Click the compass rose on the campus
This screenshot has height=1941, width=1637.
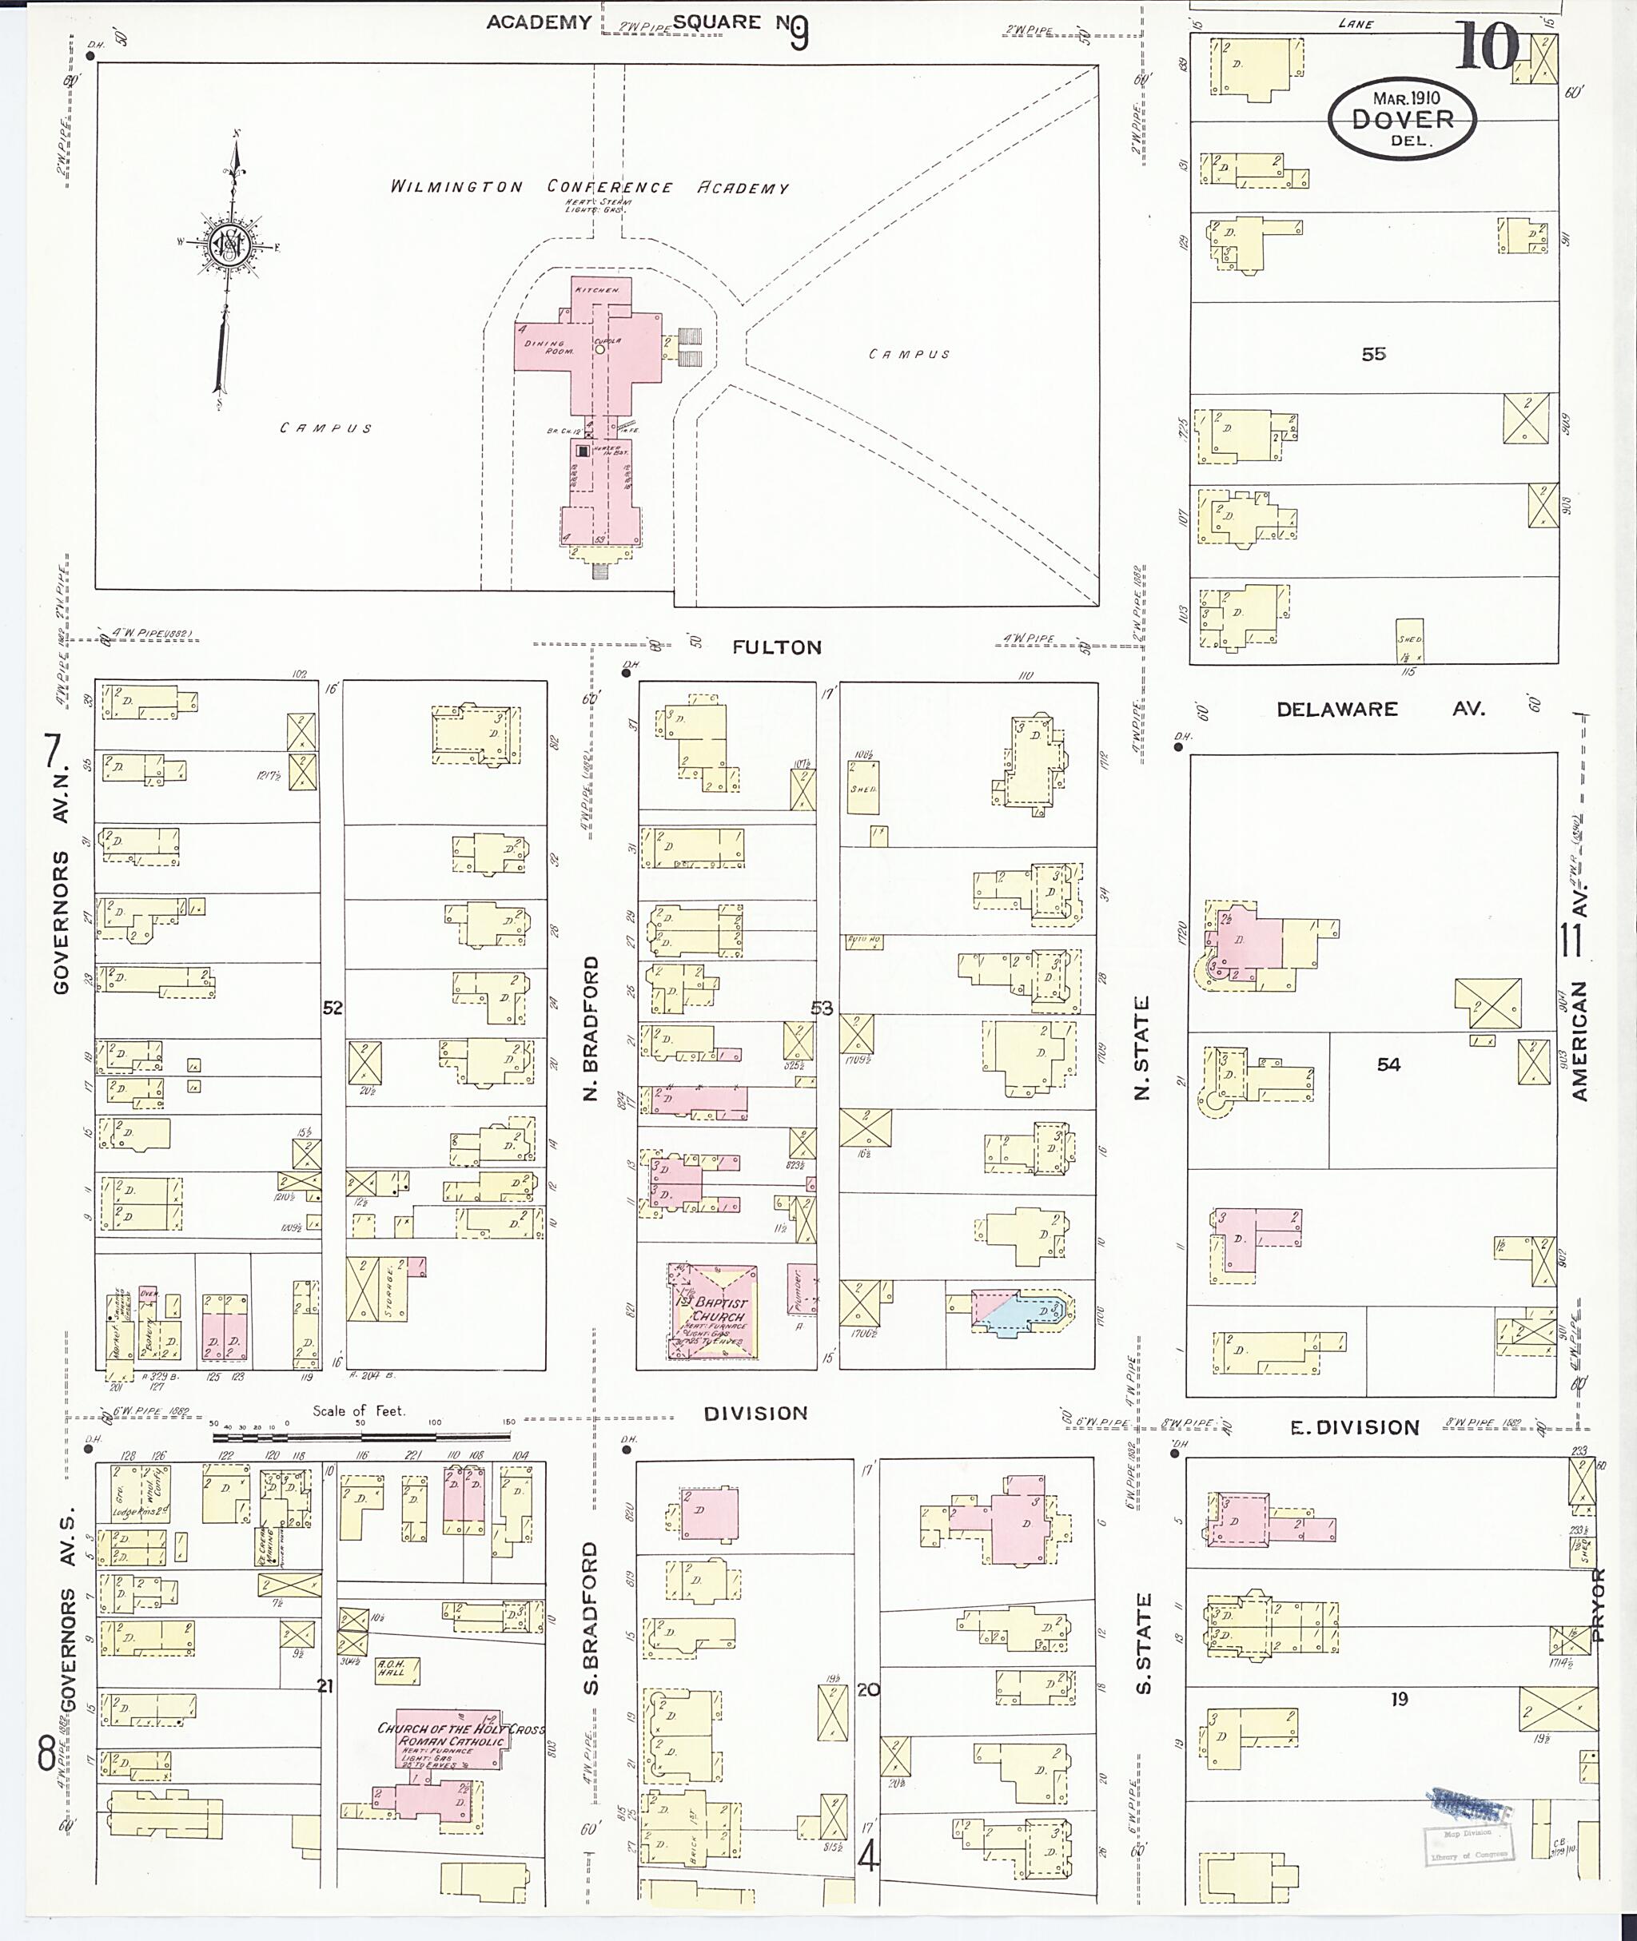coord(226,245)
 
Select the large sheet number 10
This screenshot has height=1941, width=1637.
coord(1487,46)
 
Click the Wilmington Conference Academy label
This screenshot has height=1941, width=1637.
coord(589,186)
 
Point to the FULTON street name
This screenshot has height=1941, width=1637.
coord(777,647)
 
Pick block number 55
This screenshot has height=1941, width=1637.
coord(1373,353)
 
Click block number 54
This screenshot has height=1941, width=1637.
coord(1388,1064)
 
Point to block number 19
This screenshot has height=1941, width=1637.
coord(1400,1699)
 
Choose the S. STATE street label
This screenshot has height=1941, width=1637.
coord(1143,1643)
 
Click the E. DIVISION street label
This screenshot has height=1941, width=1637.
coord(1355,1428)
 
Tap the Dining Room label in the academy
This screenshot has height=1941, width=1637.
coord(549,347)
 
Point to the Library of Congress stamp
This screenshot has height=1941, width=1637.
coord(1472,1847)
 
